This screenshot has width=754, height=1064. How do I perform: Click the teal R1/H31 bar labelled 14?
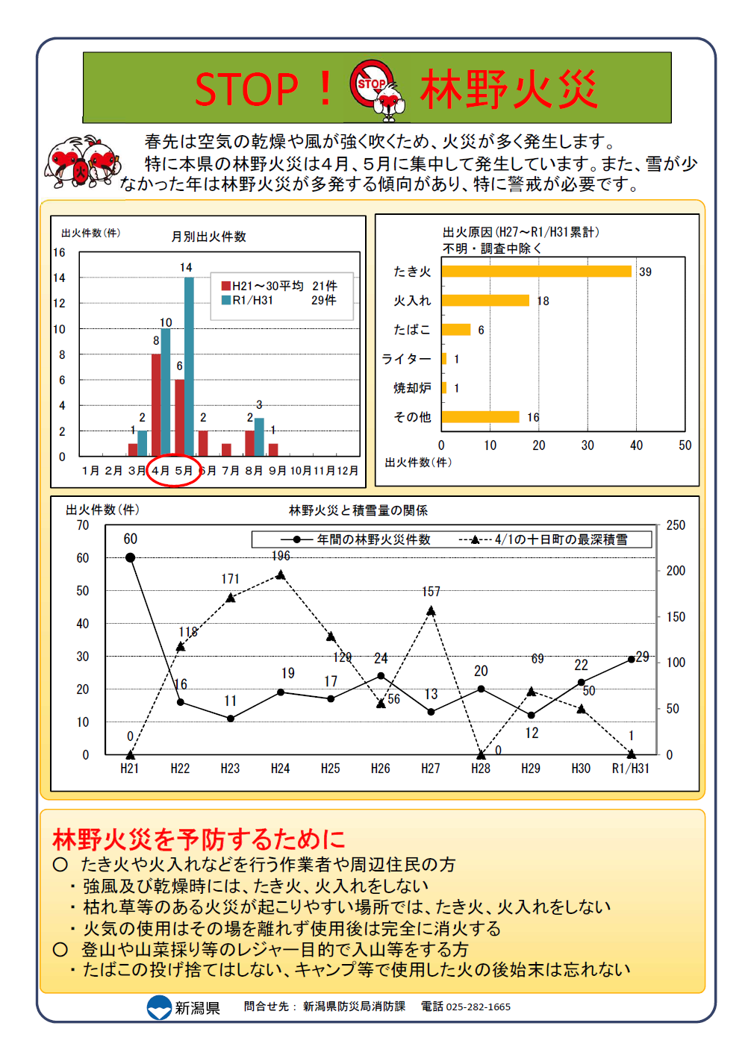[x=189, y=366]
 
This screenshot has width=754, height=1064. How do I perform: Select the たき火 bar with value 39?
[x=536, y=271]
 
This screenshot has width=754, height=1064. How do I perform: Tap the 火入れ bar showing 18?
[x=485, y=300]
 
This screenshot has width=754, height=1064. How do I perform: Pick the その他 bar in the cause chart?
[x=480, y=416]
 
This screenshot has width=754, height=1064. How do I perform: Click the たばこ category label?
[x=412, y=330]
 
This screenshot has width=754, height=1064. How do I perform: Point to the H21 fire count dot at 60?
[x=131, y=557]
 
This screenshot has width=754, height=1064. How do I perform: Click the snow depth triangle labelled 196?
[x=281, y=575]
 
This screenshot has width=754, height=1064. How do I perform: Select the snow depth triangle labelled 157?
[x=431, y=611]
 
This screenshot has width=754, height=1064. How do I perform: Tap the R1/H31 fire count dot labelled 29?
[x=631, y=659]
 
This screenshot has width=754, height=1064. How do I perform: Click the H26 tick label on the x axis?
[x=380, y=769]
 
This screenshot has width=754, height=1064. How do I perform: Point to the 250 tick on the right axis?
[x=676, y=525]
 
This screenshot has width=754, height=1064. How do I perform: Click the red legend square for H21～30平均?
[x=225, y=286]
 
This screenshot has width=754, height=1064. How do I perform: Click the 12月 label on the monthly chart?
[x=347, y=471]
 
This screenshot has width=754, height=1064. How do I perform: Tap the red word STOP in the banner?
[x=246, y=90]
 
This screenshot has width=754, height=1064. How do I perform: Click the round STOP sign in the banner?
[x=371, y=84]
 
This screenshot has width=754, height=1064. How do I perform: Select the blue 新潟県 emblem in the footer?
[x=159, y=1007]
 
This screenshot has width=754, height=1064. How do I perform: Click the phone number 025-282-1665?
[x=479, y=1007]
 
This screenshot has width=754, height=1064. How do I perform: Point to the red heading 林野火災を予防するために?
[x=199, y=839]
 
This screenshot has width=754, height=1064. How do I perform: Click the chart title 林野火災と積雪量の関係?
[x=358, y=510]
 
